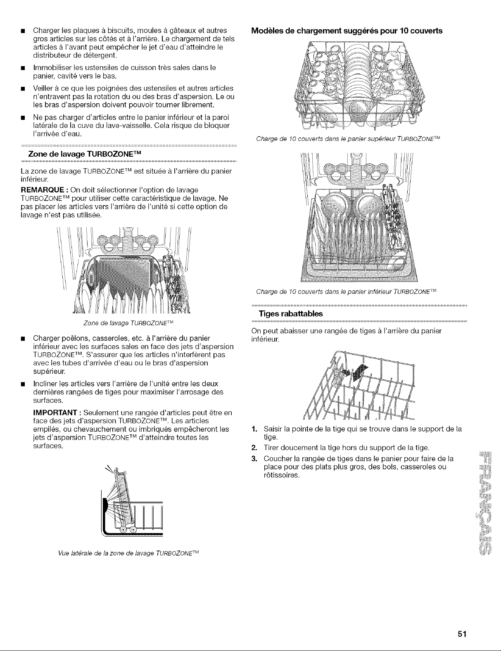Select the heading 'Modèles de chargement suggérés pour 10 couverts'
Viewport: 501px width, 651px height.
pos(347,31)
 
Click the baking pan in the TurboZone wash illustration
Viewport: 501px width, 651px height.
pos(120,273)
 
